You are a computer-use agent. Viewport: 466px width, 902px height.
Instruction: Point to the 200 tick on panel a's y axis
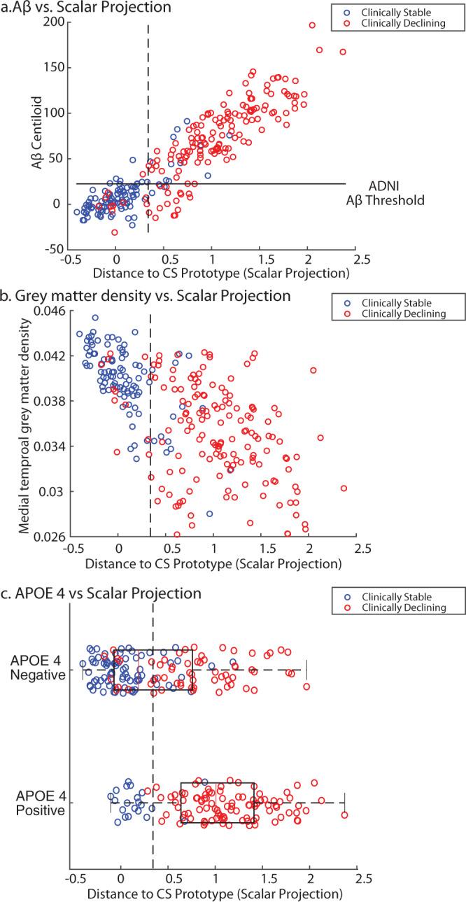56,22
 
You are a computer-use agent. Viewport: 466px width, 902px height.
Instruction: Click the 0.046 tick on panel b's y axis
49,310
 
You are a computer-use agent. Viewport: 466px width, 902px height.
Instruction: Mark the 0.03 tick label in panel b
54,491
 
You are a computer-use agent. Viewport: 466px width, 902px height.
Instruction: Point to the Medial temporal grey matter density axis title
26,423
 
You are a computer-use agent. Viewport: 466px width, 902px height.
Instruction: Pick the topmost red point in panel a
312,25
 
